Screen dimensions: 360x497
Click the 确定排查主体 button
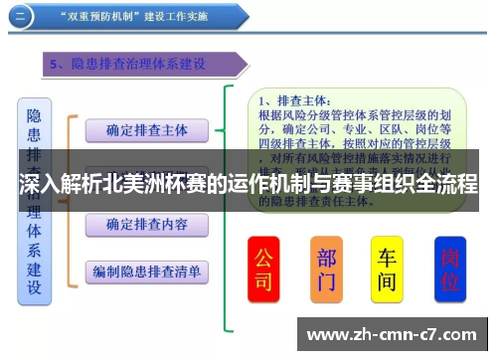pos(146,129)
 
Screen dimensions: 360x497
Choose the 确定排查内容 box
pos(146,226)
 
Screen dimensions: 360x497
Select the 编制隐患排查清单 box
pos(146,270)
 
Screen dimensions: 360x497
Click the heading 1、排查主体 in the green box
pos(290,99)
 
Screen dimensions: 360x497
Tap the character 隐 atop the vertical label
pos(34,116)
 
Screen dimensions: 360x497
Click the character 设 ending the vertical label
pos(34,288)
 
